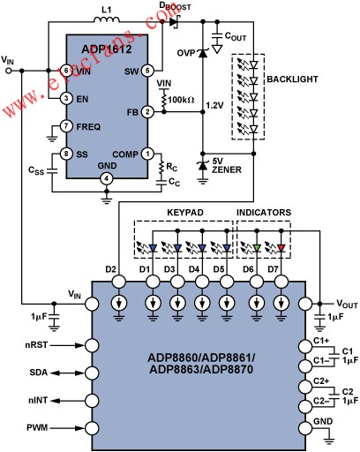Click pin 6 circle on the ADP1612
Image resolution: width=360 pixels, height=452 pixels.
[x=66, y=71]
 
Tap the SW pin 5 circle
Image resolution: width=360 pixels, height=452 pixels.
[x=147, y=71]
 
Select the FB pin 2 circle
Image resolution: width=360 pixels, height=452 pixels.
[x=147, y=112]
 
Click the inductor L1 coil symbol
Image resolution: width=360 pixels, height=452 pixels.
[x=107, y=19]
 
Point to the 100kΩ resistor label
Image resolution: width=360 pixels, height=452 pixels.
[x=181, y=100]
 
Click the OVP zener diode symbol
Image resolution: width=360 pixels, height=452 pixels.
[x=202, y=53]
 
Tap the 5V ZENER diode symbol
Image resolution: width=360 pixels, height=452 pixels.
[x=202, y=166]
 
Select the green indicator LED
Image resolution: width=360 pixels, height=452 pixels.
[x=257, y=248]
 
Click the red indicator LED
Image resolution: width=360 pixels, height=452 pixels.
[x=281, y=248]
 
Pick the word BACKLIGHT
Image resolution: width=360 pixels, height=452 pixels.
[x=292, y=79]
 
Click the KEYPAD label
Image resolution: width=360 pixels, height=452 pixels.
[x=185, y=213]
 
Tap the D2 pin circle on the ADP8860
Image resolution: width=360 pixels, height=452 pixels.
[x=119, y=282]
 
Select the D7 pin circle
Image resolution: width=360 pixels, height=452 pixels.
[x=281, y=282]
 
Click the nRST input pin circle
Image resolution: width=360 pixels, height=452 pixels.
[x=92, y=345]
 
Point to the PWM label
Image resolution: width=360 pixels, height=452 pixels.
[x=37, y=427]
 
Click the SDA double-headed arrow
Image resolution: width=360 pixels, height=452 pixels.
[x=67, y=373]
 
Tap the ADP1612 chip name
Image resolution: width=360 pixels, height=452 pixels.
[x=107, y=49]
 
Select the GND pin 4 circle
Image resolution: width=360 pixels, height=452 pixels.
[x=107, y=178]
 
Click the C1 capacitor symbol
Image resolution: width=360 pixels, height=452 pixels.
[x=334, y=356]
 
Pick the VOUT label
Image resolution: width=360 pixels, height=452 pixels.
[x=347, y=304]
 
